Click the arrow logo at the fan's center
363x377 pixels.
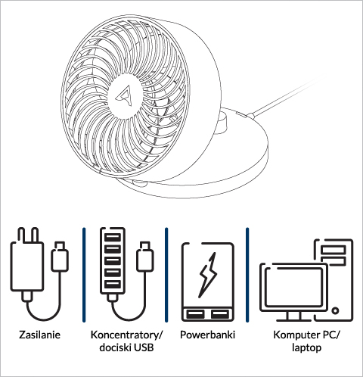(x=125, y=95)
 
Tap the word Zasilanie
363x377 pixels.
(x=40, y=335)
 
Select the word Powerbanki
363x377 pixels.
(x=207, y=335)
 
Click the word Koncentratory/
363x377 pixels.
(x=127, y=335)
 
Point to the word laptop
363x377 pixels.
(x=307, y=348)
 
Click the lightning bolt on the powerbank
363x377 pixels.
(x=208, y=275)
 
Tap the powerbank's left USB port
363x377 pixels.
(x=195, y=314)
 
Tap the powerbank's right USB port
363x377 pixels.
(x=220, y=314)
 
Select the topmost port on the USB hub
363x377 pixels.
(x=113, y=238)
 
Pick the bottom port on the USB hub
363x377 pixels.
(x=113, y=285)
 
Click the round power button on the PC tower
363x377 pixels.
(x=335, y=310)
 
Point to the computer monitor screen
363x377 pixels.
(x=294, y=287)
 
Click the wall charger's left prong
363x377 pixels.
(x=21, y=235)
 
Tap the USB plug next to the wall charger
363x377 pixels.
(x=60, y=257)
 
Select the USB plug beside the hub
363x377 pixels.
(x=145, y=257)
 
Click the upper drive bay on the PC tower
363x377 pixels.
(x=333, y=250)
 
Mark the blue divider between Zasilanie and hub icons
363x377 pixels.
(x=84, y=275)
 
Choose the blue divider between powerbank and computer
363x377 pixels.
(x=247, y=275)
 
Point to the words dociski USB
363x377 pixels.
(x=126, y=347)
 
